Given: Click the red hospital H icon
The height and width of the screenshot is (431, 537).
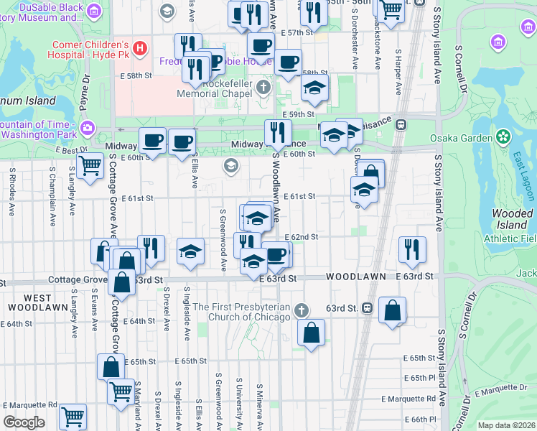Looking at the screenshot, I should pos(140,49).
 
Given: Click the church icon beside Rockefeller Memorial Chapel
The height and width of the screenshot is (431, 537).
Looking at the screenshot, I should pos(263,88).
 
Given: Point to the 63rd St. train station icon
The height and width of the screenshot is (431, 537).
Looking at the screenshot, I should pos(367,307).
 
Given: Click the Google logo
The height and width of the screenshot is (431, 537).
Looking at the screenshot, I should pos(23,422).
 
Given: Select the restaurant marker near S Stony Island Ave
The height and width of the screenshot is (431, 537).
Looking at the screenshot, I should pos(412,249).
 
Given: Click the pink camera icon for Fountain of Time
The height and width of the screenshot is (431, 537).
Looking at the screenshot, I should pos(87,128).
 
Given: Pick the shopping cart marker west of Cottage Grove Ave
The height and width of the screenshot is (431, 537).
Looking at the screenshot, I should pos(90,165).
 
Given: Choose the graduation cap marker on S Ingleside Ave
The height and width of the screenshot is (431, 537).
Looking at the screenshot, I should pos(190,251).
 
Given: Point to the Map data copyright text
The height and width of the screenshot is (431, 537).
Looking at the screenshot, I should pos(507,425).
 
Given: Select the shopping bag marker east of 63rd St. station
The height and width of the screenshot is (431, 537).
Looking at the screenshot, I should pos(393,310).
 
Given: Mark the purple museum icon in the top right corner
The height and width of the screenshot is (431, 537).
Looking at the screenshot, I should pos(498,43).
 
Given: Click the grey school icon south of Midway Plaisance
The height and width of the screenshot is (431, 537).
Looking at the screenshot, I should pos(230,167).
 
